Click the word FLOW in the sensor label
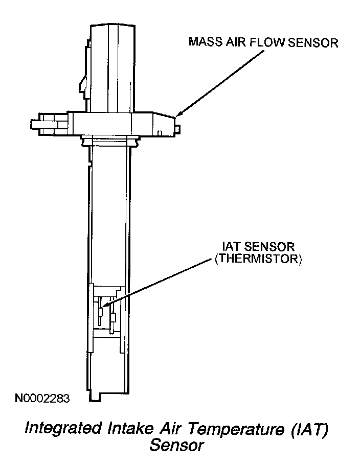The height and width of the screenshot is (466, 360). pos(268,42)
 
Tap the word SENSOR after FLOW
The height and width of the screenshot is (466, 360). pos(313,42)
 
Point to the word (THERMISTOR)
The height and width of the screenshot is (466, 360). pos(259,260)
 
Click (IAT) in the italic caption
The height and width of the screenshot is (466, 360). pos(309,428)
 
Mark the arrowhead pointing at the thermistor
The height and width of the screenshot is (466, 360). pos(104,306)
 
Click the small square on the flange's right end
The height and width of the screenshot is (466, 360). pos(160,133)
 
